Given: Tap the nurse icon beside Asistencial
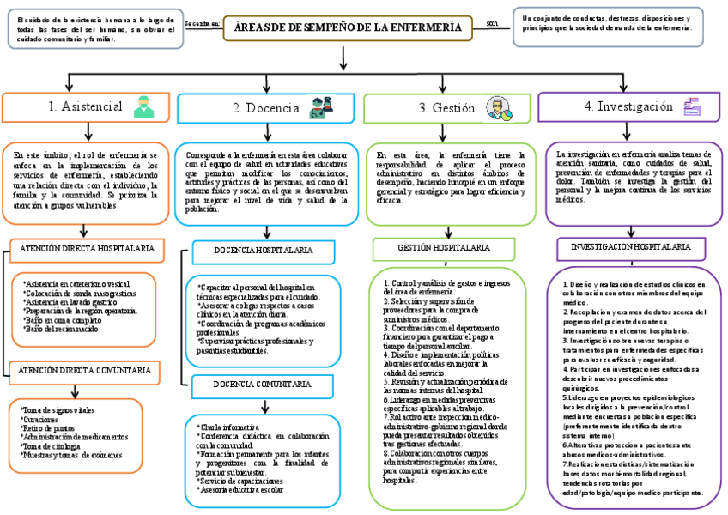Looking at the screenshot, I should pyautogui.click(x=143, y=107).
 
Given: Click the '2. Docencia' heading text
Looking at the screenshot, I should pyautogui.click(x=266, y=108).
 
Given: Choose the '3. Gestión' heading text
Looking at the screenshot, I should pyautogui.click(x=446, y=108).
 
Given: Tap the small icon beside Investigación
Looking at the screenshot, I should pyautogui.click(x=691, y=107).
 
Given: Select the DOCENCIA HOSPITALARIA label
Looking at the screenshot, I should pyautogui.click(x=264, y=250).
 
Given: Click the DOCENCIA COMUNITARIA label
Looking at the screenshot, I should pyautogui.click(x=263, y=384).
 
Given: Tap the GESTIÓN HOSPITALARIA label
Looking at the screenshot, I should pyautogui.click(x=444, y=247).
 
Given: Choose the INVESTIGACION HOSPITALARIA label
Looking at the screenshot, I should pyautogui.click(x=631, y=246).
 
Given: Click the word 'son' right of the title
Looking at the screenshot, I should pyautogui.click(x=491, y=23).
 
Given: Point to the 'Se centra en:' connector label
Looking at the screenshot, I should pyautogui.click(x=202, y=24).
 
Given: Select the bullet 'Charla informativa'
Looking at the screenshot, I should pyautogui.click(x=228, y=427).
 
